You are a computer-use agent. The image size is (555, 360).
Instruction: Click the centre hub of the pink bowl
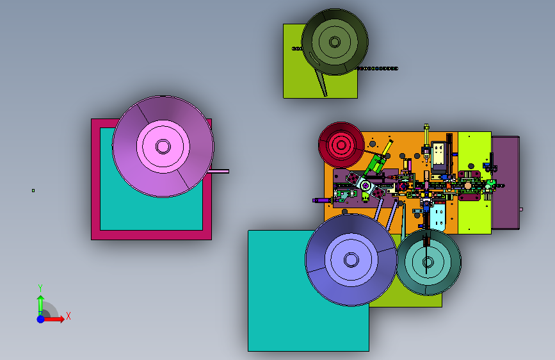coord(163,146)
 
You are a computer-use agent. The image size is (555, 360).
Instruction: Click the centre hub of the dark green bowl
coord(335,42)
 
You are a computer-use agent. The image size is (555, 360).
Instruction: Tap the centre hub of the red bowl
coord(341,145)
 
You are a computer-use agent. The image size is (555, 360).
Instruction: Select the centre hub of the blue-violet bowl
coord(351,259)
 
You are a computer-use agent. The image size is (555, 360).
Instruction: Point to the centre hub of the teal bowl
coord(428,262)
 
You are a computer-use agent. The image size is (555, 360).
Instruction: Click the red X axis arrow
coord(54,319)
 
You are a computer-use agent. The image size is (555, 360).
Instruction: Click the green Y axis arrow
coord(40,306)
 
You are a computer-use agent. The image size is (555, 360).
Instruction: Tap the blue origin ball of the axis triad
coord(40,319)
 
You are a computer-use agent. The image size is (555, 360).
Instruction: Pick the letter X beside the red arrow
coord(68,316)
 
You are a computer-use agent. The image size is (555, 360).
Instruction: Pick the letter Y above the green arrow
coord(40,288)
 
